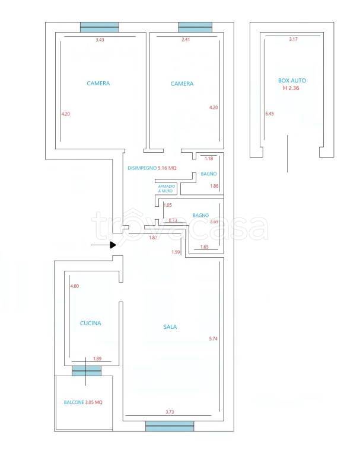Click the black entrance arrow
pyautogui.click(x=103, y=245)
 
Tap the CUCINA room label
pyautogui.click(x=91, y=323)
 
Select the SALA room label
pyautogui.click(x=170, y=327)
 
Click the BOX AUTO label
pyautogui.click(x=292, y=81)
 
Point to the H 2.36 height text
pyautogui.click(x=291, y=88)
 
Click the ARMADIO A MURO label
pyautogui.click(x=167, y=188)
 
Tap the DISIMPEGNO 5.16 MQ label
pyautogui.click(x=152, y=168)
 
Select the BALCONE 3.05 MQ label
pyautogui.click(x=83, y=402)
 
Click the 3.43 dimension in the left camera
pyautogui.click(x=100, y=40)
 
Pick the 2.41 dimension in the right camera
pyautogui.click(x=186, y=40)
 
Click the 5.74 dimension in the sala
pyautogui.click(x=214, y=339)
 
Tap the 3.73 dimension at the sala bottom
pyautogui.click(x=170, y=412)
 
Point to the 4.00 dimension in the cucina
pyautogui.click(x=75, y=286)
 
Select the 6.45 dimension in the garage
pyautogui.click(x=269, y=114)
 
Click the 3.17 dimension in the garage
pyautogui.click(x=293, y=39)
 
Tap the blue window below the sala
pyautogui.click(x=170, y=426)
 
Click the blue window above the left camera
pyautogui.click(x=100, y=27)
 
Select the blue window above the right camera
pyautogui.click(x=195, y=27)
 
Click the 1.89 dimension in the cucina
pyautogui.click(x=97, y=358)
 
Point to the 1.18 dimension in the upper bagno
pyautogui.click(x=209, y=158)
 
